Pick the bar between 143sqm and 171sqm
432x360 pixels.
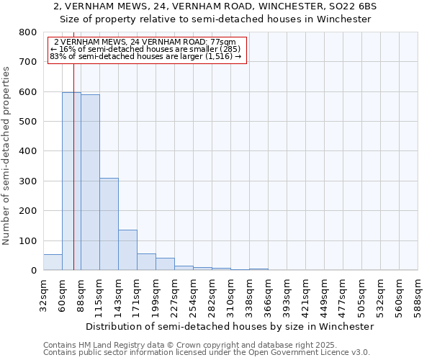tap(127, 250)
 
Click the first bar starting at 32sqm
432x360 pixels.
tap(53, 262)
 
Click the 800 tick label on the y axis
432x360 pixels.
tap(28, 32)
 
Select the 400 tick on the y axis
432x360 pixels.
tap(28, 151)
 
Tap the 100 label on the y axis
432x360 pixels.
tap(28, 240)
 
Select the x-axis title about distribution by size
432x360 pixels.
tap(230, 326)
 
